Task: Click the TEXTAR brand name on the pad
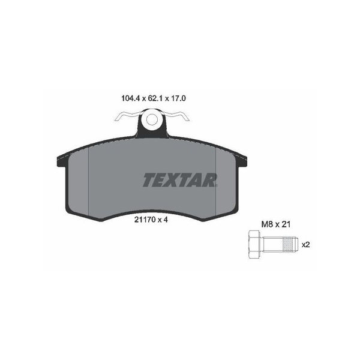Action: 180,179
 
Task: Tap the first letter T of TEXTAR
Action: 148,179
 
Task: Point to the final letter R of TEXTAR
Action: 211,179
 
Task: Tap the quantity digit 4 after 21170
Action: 164,220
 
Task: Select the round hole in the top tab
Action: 152,121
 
